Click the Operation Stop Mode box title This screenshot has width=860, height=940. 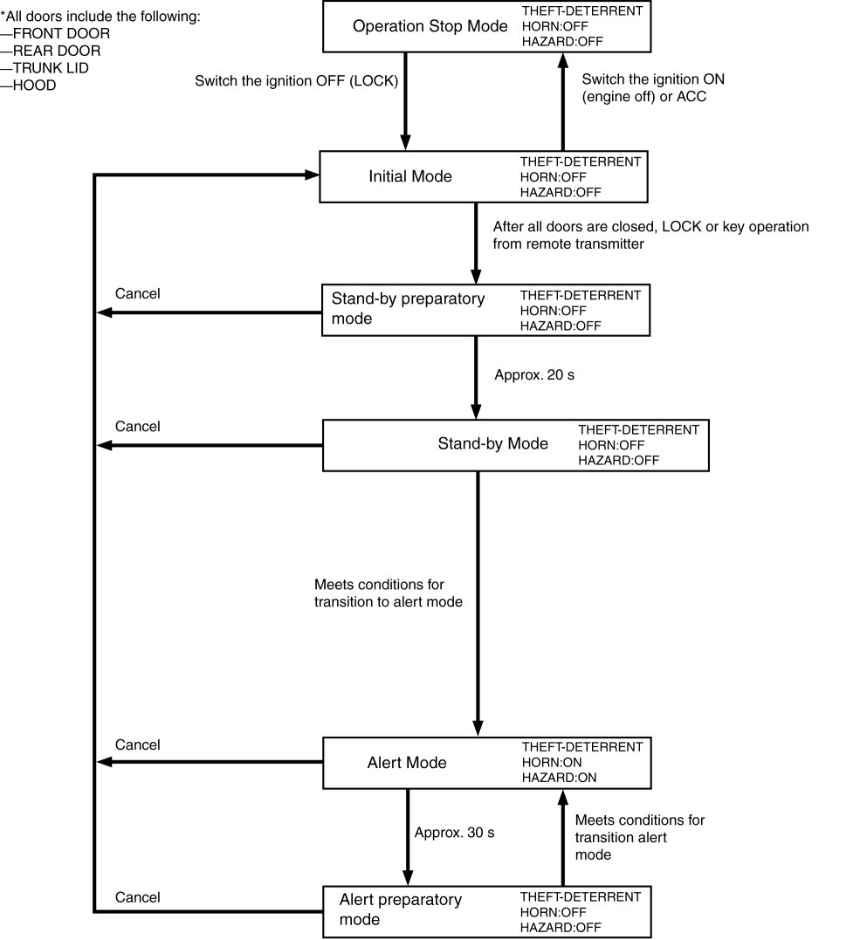coord(430,26)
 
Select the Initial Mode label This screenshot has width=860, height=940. coord(410,176)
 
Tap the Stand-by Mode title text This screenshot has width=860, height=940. coord(492,443)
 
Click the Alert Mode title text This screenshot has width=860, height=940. coord(407,763)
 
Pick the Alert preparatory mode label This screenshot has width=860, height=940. coord(401,909)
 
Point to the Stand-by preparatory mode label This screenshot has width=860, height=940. coord(408,308)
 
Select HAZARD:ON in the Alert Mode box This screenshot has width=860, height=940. coord(560,777)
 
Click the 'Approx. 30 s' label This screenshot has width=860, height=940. coord(454,833)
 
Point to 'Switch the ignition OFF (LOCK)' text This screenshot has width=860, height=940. coord(297,81)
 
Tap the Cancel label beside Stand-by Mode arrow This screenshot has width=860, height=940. coord(138,427)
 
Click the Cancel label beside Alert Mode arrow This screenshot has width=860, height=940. coord(138,744)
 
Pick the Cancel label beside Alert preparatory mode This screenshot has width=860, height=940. coord(138,897)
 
